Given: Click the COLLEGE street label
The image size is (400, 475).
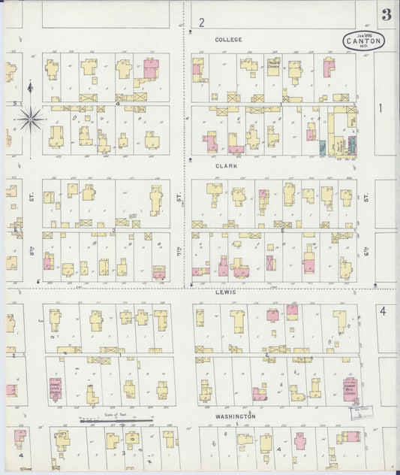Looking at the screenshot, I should (228, 39).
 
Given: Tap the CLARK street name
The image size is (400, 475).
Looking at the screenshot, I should (227, 165).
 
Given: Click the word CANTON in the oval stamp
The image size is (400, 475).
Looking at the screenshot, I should (364, 41).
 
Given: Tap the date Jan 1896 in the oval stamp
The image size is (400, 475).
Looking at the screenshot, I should (364, 35).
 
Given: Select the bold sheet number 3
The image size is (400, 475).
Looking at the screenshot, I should (386, 15).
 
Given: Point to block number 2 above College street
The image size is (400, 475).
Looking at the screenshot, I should (201, 23).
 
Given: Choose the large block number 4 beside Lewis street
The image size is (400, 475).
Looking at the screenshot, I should (382, 310).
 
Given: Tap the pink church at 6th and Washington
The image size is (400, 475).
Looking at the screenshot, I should (350, 389).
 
